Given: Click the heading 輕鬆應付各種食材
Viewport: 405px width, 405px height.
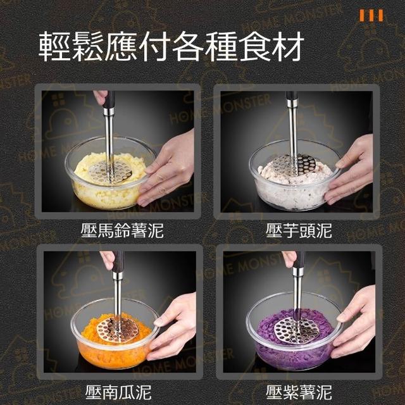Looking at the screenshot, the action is [171, 46].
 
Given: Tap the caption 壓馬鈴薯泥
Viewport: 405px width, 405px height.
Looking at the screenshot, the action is [122, 230].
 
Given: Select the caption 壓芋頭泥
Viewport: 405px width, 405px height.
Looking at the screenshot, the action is [299, 230].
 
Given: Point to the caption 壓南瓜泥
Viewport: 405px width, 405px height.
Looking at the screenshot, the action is [118, 392].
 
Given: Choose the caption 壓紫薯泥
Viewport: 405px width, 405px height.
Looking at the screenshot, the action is [299, 392].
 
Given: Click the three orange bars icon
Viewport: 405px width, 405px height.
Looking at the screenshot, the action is [371, 15].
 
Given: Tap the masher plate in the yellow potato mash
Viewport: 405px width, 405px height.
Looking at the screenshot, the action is [110, 171].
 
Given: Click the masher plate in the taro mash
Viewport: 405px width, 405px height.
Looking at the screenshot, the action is [294, 165].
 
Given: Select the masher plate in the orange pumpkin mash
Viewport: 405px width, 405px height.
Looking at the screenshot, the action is [118, 330].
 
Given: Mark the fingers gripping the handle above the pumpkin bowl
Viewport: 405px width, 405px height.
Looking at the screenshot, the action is [108, 259].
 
